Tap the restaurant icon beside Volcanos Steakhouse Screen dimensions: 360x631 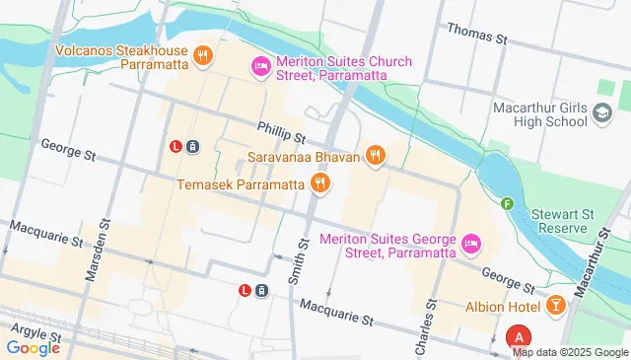point(202,54)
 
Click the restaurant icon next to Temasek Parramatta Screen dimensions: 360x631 point(319,183)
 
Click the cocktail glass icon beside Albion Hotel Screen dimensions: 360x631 point(556,305)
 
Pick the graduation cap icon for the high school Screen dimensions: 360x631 point(600,114)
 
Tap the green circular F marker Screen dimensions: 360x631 point(508,204)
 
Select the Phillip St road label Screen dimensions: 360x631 point(282,129)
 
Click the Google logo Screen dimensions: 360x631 point(34,347)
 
